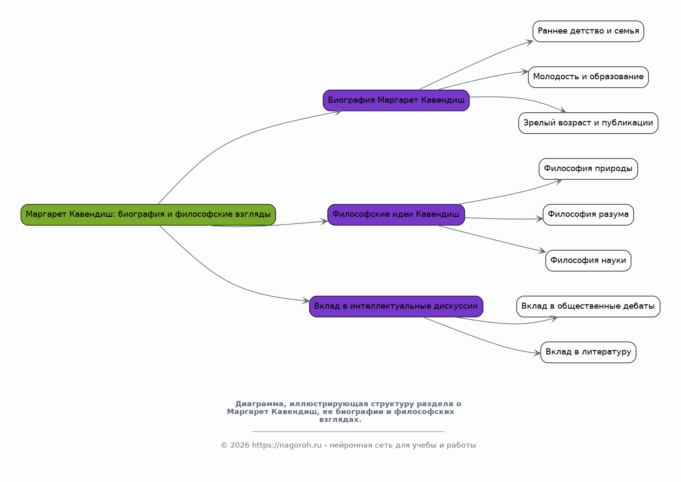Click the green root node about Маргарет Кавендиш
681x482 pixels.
[148, 215]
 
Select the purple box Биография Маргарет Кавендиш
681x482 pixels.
[396, 100]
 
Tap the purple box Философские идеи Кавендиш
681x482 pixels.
[396, 215]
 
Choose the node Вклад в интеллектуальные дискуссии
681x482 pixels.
[396, 307]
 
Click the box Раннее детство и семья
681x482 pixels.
[588, 31]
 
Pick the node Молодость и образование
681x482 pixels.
[588, 77]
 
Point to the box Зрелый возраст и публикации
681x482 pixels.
[588, 123]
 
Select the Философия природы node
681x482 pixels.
[588, 169]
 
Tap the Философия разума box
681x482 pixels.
[588, 215]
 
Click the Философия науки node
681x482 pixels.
[588, 261]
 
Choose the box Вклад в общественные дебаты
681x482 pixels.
[588, 307]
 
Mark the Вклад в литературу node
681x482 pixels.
[588, 352]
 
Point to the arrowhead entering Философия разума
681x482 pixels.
[539, 219]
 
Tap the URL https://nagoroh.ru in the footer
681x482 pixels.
[287, 445]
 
